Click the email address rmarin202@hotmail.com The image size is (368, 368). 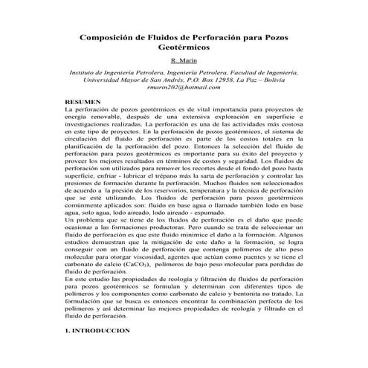point(184,88)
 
